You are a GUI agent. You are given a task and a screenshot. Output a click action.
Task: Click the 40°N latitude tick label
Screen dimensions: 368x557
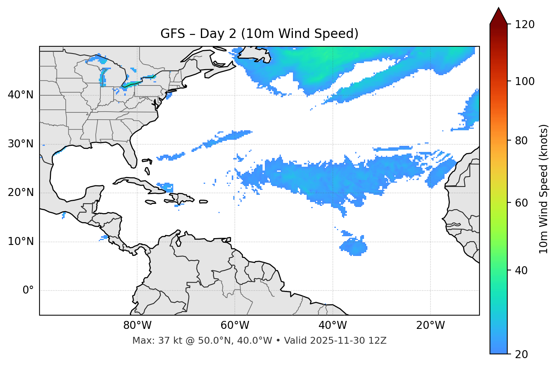pos(21,95)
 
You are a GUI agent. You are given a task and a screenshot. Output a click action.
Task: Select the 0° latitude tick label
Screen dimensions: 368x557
pos(28,291)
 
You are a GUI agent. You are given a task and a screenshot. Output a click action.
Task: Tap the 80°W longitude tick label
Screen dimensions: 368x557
pos(137,325)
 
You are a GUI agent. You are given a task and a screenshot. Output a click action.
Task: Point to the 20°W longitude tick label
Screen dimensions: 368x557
pos(430,325)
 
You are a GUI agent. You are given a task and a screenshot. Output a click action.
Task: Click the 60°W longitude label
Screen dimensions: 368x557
pos(235,325)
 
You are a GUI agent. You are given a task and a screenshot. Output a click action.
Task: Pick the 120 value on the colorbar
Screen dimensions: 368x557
pos(525,25)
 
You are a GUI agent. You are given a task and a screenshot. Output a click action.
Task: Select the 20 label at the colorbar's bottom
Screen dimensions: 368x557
pos(521,354)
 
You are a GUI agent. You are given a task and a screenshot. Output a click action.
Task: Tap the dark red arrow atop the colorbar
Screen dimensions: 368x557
pos(498,16)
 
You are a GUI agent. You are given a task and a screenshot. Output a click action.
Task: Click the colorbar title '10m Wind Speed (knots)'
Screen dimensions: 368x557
pos(544,189)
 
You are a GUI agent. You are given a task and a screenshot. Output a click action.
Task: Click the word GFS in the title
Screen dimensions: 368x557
pos(172,34)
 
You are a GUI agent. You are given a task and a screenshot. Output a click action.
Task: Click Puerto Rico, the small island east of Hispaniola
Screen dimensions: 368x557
pos(204,202)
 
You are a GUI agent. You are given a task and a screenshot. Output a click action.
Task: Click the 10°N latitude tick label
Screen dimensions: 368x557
pos(21,242)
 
